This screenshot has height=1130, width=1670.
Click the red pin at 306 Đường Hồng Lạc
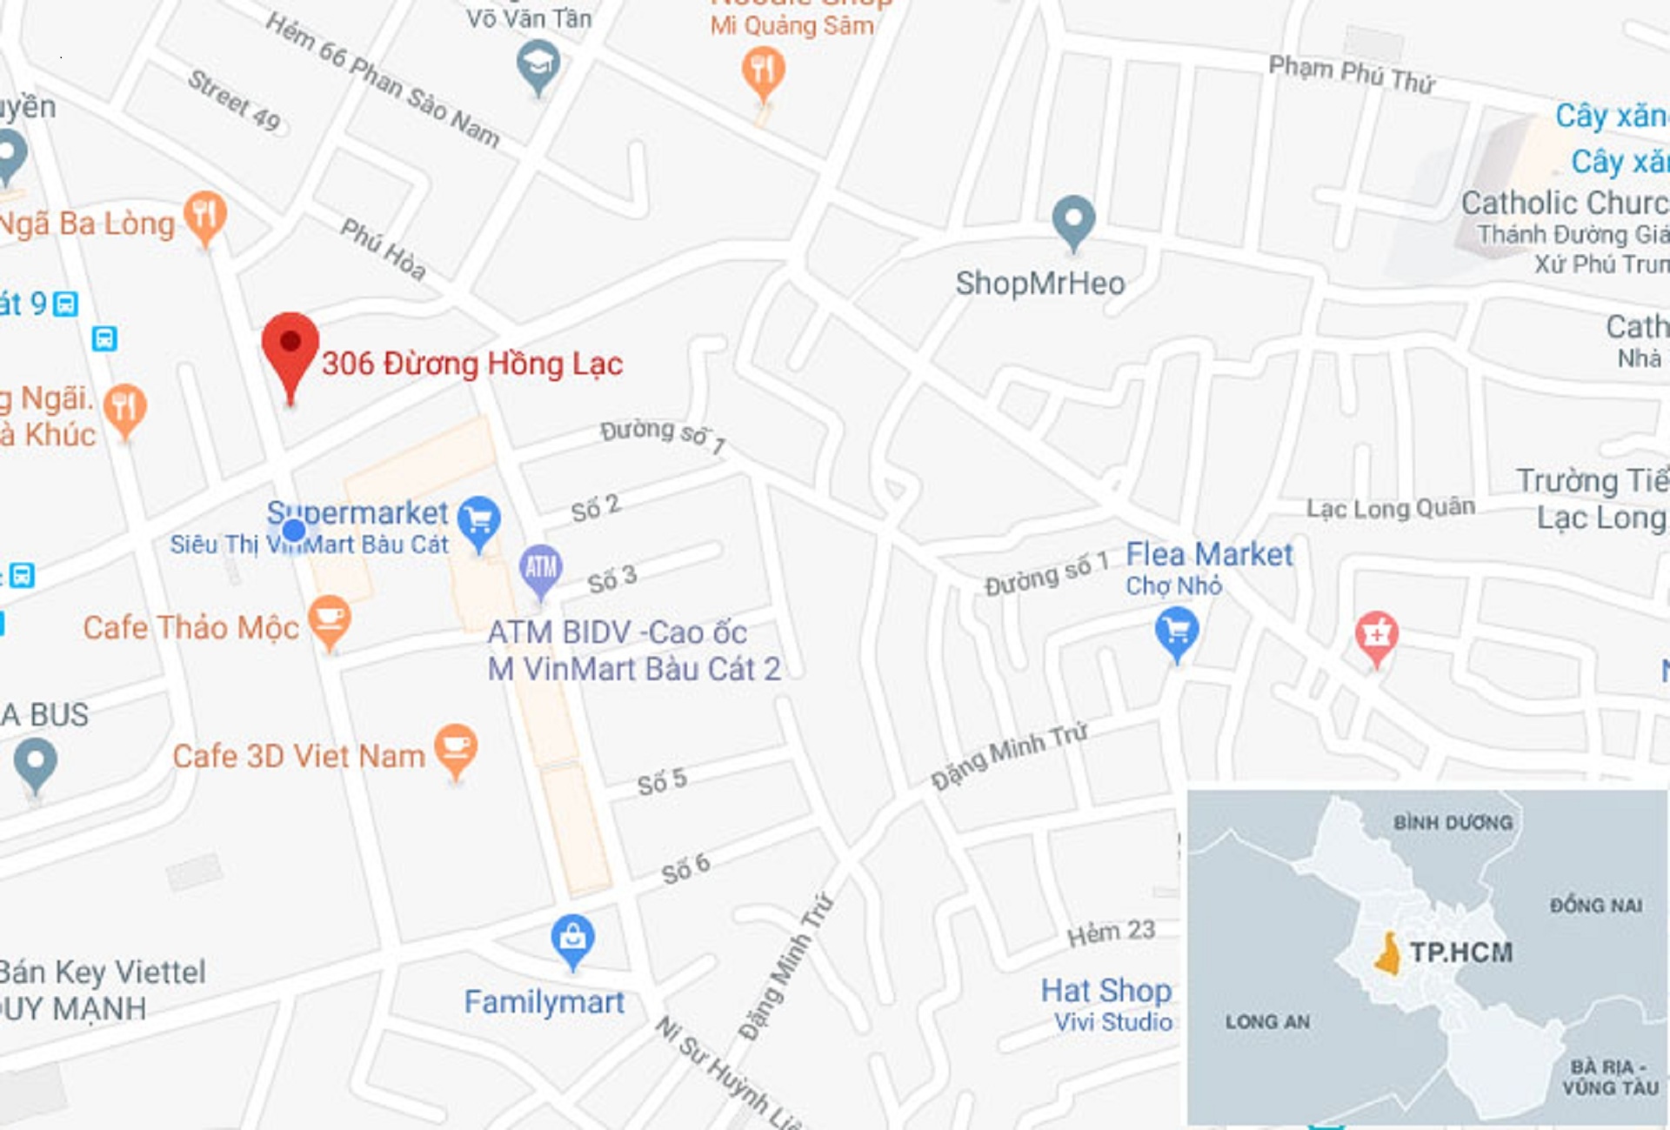pyautogui.click(x=291, y=345)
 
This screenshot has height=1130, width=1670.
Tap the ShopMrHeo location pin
pyautogui.click(x=1073, y=218)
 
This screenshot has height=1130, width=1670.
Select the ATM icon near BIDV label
pyautogui.click(x=540, y=568)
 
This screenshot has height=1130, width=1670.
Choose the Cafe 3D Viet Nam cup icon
pyautogui.click(x=456, y=747)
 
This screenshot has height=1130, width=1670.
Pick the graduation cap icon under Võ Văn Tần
pyautogui.click(x=538, y=64)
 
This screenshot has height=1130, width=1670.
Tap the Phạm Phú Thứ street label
pyautogui.click(x=1351, y=74)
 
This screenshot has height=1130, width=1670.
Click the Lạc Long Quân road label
pyautogui.click(x=1390, y=508)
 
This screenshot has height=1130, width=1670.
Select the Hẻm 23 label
pyautogui.click(x=1111, y=933)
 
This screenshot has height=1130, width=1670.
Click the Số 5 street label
pyautogui.click(x=662, y=781)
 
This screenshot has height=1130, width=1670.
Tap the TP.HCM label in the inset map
pyautogui.click(x=1460, y=953)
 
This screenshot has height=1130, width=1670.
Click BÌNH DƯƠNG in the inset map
pyautogui.click(x=1453, y=822)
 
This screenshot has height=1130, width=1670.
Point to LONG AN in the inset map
pyautogui.click(x=1267, y=1021)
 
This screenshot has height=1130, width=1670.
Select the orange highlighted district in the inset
pyautogui.click(x=1388, y=954)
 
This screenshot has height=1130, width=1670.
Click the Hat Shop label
pyautogui.click(x=1106, y=990)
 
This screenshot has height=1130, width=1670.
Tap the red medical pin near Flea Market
pyautogui.click(x=1376, y=635)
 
